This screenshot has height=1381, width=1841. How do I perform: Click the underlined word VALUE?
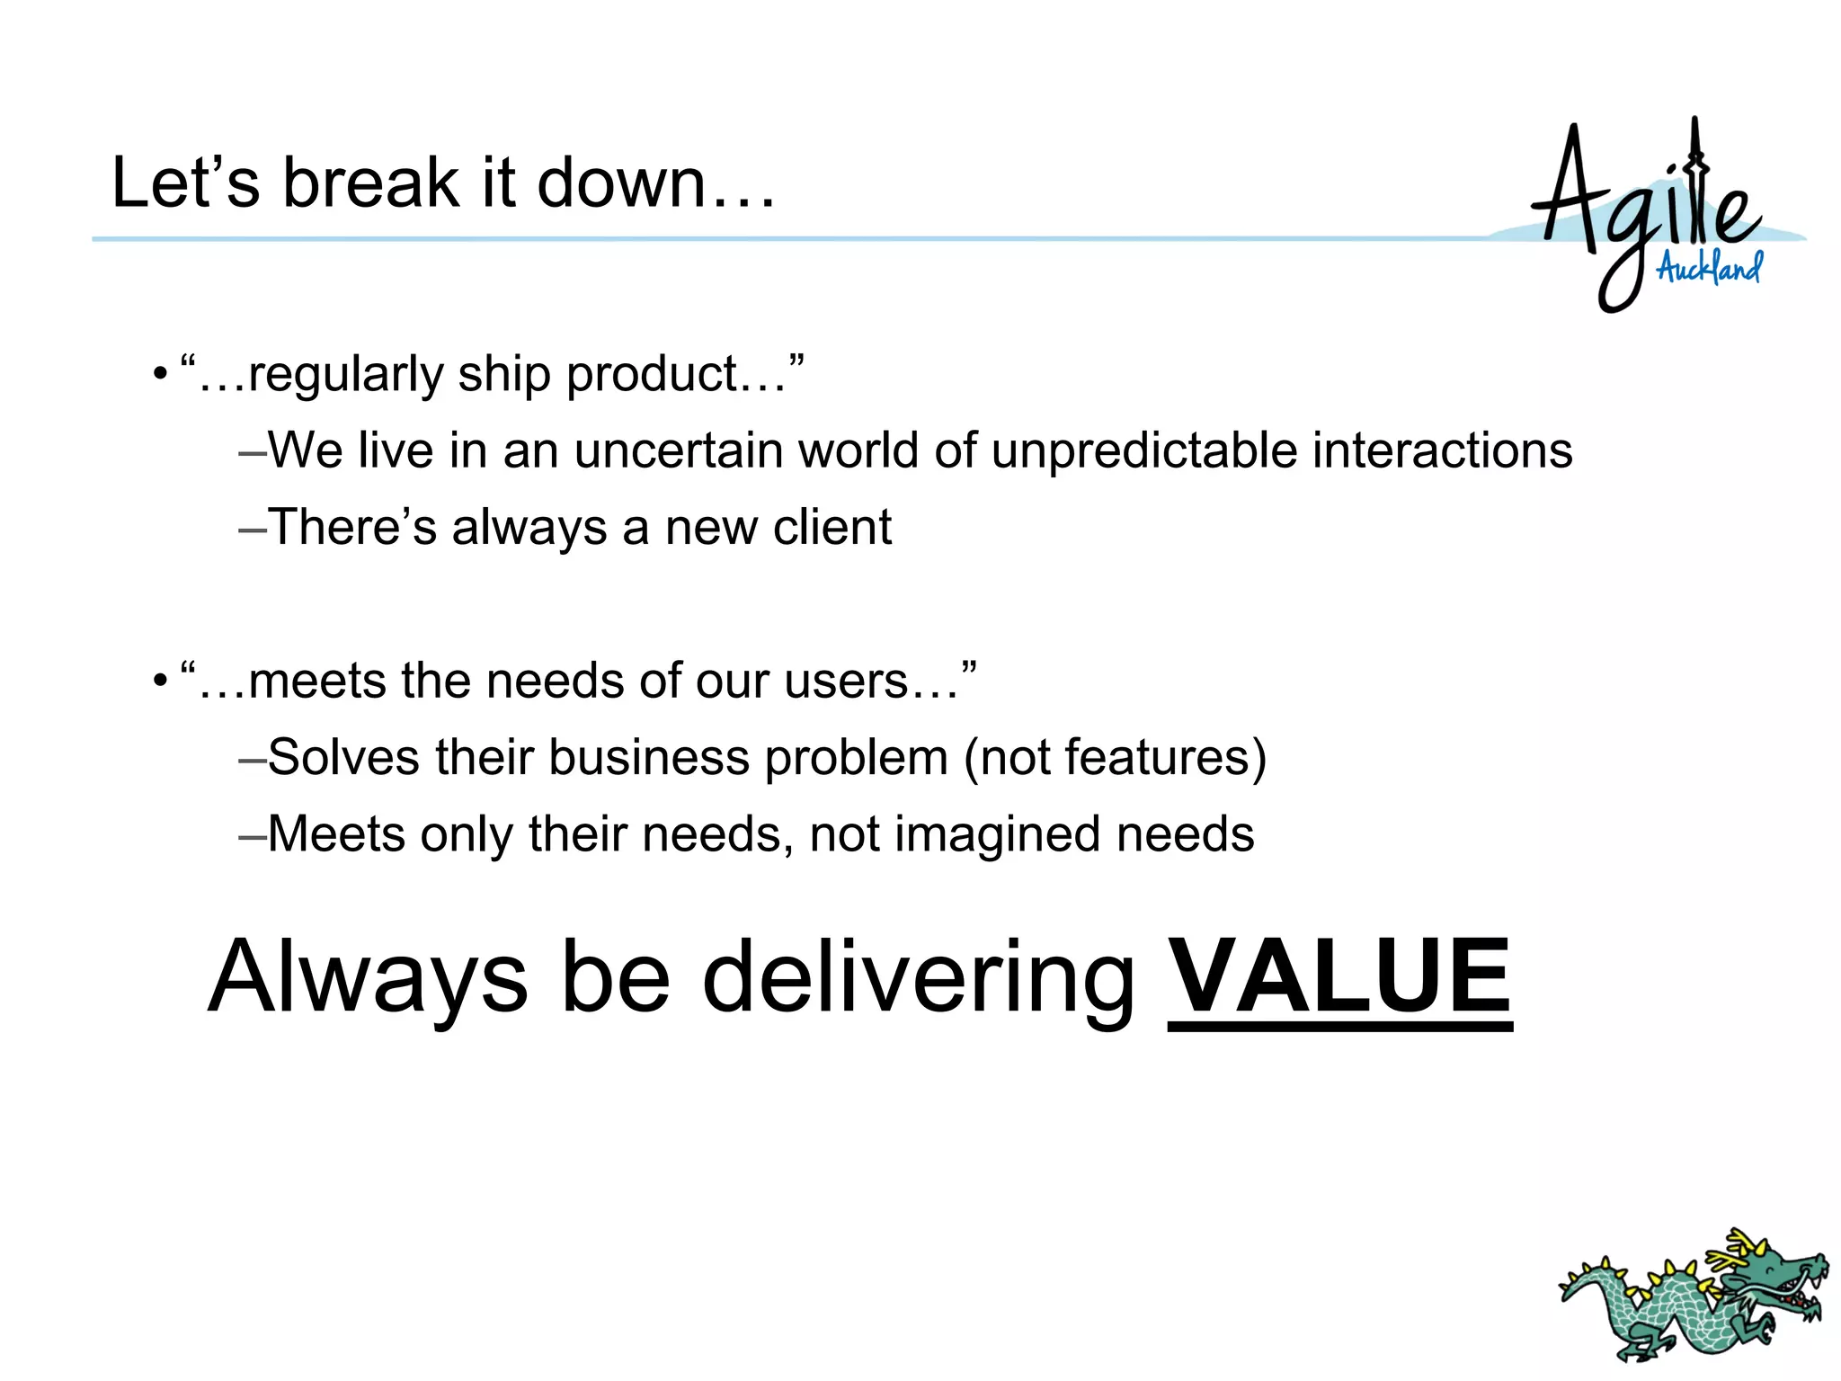(1339, 977)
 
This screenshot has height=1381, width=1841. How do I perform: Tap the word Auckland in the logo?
(1709, 268)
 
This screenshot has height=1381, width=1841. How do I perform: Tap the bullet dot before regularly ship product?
(160, 374)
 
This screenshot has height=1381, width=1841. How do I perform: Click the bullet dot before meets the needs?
(160, 681)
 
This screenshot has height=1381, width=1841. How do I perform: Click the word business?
(649, 758)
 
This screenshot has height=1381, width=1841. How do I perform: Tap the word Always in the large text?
(368, 977)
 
